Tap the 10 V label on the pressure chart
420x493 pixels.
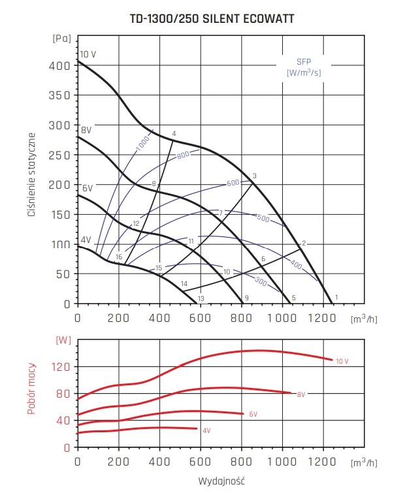pyautogui.click(x=88, y=54)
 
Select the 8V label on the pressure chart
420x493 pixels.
pyautogui.click(x=86, y=131)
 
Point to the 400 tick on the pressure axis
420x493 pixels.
pyautogui.click(x=60, y=65)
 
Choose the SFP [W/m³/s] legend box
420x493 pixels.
pyautogui.click(x=304, y=67)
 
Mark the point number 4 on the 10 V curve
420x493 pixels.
pyautogui.click(x=174, y=134)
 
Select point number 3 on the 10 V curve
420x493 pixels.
pyautogui.click(x=254, y=176)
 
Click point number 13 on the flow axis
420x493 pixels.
pyautogui.click(x=201, y=298)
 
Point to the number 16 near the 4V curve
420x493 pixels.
pyautogui.click(x=119, y=257)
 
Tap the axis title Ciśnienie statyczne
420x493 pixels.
pyautogui.click(x=31, y=174)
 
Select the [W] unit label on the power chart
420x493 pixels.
pyautogui.click(x=63, y=340)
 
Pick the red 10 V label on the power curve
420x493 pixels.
pyautogui.click(x=343, y=361)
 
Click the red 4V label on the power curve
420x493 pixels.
pyautogui.click(x=206, y=430)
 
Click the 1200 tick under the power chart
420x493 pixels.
pyautogui.click(x=323, y=462)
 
